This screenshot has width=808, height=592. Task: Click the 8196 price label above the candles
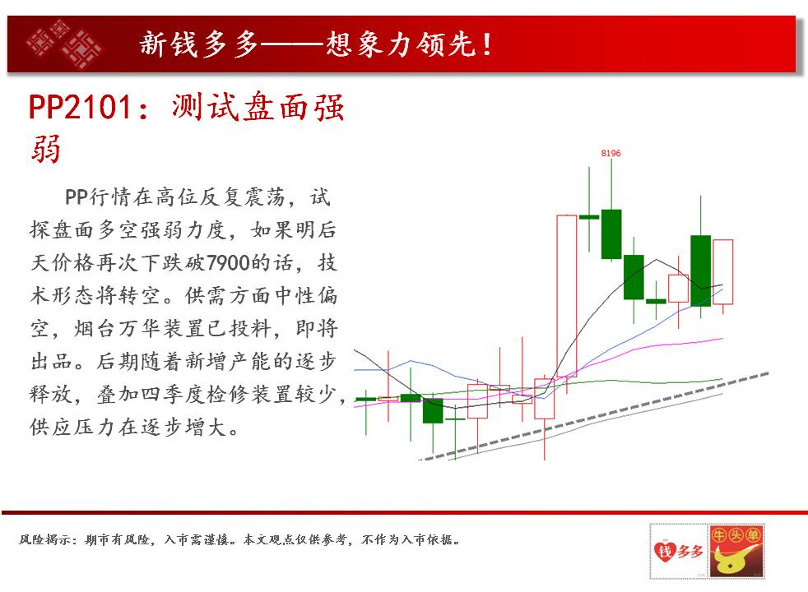click(611, 154)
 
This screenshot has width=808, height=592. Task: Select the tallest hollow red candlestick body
click(567, 296)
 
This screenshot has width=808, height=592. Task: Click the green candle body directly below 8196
click(611, 234)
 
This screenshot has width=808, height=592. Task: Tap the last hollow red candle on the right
click(722, 272)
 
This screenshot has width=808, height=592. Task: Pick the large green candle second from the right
click(701, 271)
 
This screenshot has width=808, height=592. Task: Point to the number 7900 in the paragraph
click(228, 262)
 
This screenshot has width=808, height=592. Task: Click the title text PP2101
click(80, 108)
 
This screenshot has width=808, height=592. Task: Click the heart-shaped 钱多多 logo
click(679, 551)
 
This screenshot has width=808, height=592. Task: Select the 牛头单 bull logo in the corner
click(736, 551)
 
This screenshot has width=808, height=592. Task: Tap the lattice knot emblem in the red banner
click(64, 44)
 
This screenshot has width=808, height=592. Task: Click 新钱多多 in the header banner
click(199, 44)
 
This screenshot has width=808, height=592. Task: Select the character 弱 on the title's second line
click(46, 149)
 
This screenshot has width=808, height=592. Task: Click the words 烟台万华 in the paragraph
click(118, 328)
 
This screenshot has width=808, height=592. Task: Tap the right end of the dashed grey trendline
click(769, 374)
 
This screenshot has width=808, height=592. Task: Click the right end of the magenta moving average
click(722, 338)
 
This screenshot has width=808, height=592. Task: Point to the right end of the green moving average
click(722, 379)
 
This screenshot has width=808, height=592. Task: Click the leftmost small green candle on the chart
click(366, 399)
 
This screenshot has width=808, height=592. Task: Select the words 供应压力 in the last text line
click(74, 428)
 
